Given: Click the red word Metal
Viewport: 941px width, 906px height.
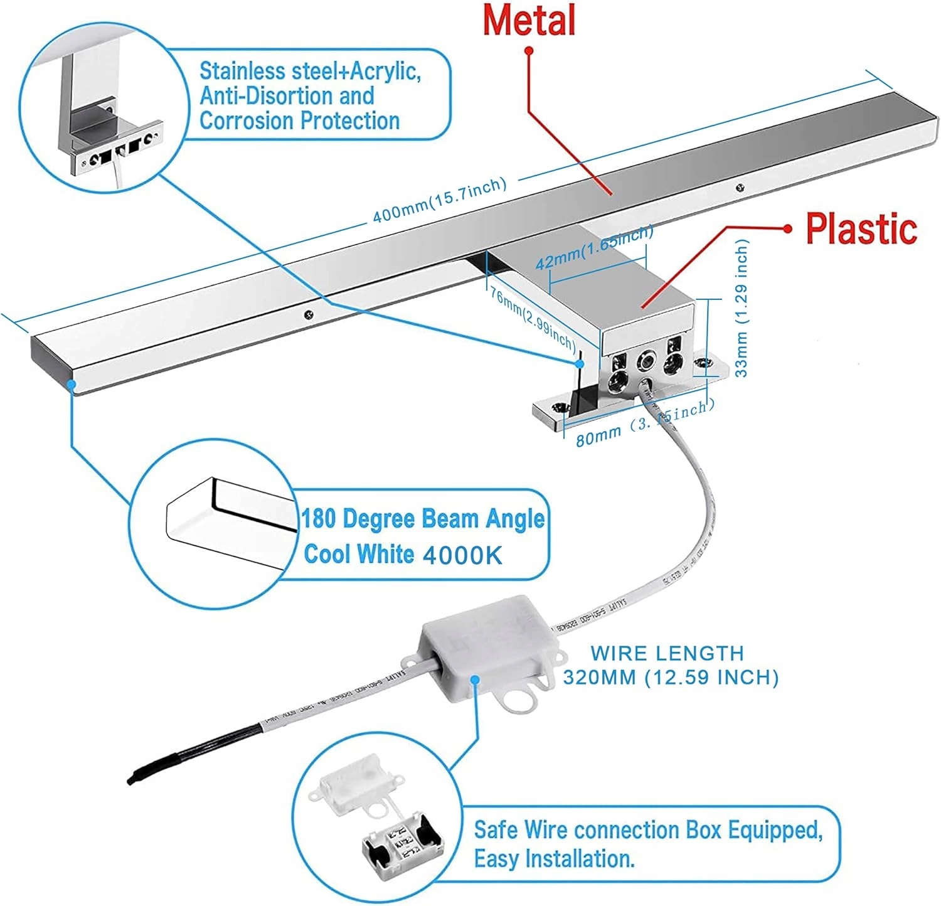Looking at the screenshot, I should pyautogui.click(x=528, y=20).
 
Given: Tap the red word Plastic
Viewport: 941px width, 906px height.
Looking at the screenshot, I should pyautogui.click(x=861, y=228).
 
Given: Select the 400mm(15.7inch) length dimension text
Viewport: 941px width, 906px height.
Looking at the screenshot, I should pyautogui.click(x=439, y=200).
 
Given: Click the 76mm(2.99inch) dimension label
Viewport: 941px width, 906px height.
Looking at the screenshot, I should pyautogui.click(x=532, y=319).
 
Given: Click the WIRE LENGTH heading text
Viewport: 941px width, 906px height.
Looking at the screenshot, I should pyautogui.click(x=667, y=653).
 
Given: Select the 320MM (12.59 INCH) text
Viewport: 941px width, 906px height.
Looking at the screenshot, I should pyautogui.click(x=670, y=678).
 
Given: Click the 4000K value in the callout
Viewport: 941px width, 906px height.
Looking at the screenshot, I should pyautogui.click(x=462, y=555).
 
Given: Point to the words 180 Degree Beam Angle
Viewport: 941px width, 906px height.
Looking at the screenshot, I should pyautogui.click(x=423, y=519).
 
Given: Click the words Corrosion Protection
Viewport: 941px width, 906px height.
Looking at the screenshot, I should pyautogui.click(x=299, y=120).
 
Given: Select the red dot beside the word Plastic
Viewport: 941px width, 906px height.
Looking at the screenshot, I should pyautogui.click(x=789, y=228).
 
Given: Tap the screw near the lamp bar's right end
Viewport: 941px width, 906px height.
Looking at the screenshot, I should pyautogui.click(x=740, y=186).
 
